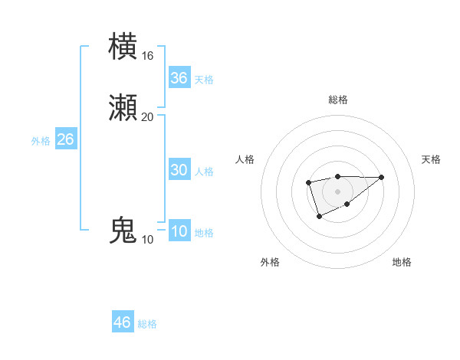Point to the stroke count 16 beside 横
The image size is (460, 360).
tap(147, 56)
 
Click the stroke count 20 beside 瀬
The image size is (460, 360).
tap(147, 116)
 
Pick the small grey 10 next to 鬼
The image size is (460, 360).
tap(147, 240)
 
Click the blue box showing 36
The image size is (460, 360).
tap(179, 78)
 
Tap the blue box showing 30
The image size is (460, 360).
tap(179, 170)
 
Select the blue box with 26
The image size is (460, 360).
tap(66, 139)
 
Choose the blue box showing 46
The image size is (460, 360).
tap(123, 322)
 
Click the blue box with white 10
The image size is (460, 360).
tap(179, 231)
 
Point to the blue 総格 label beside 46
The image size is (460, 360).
tap(147, 324)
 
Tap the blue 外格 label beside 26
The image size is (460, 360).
tap(41, 141)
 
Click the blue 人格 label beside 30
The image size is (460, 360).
tap(204, 172)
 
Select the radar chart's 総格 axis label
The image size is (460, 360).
tap(337, 100)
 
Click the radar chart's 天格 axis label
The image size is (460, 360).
tap(432, 159)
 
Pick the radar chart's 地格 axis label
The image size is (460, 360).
tap(402, 262)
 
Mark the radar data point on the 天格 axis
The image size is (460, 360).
tap(382, 177)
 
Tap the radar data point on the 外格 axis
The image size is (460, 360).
tap(319, 217)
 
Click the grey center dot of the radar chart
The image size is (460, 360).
tap(337, 191)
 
